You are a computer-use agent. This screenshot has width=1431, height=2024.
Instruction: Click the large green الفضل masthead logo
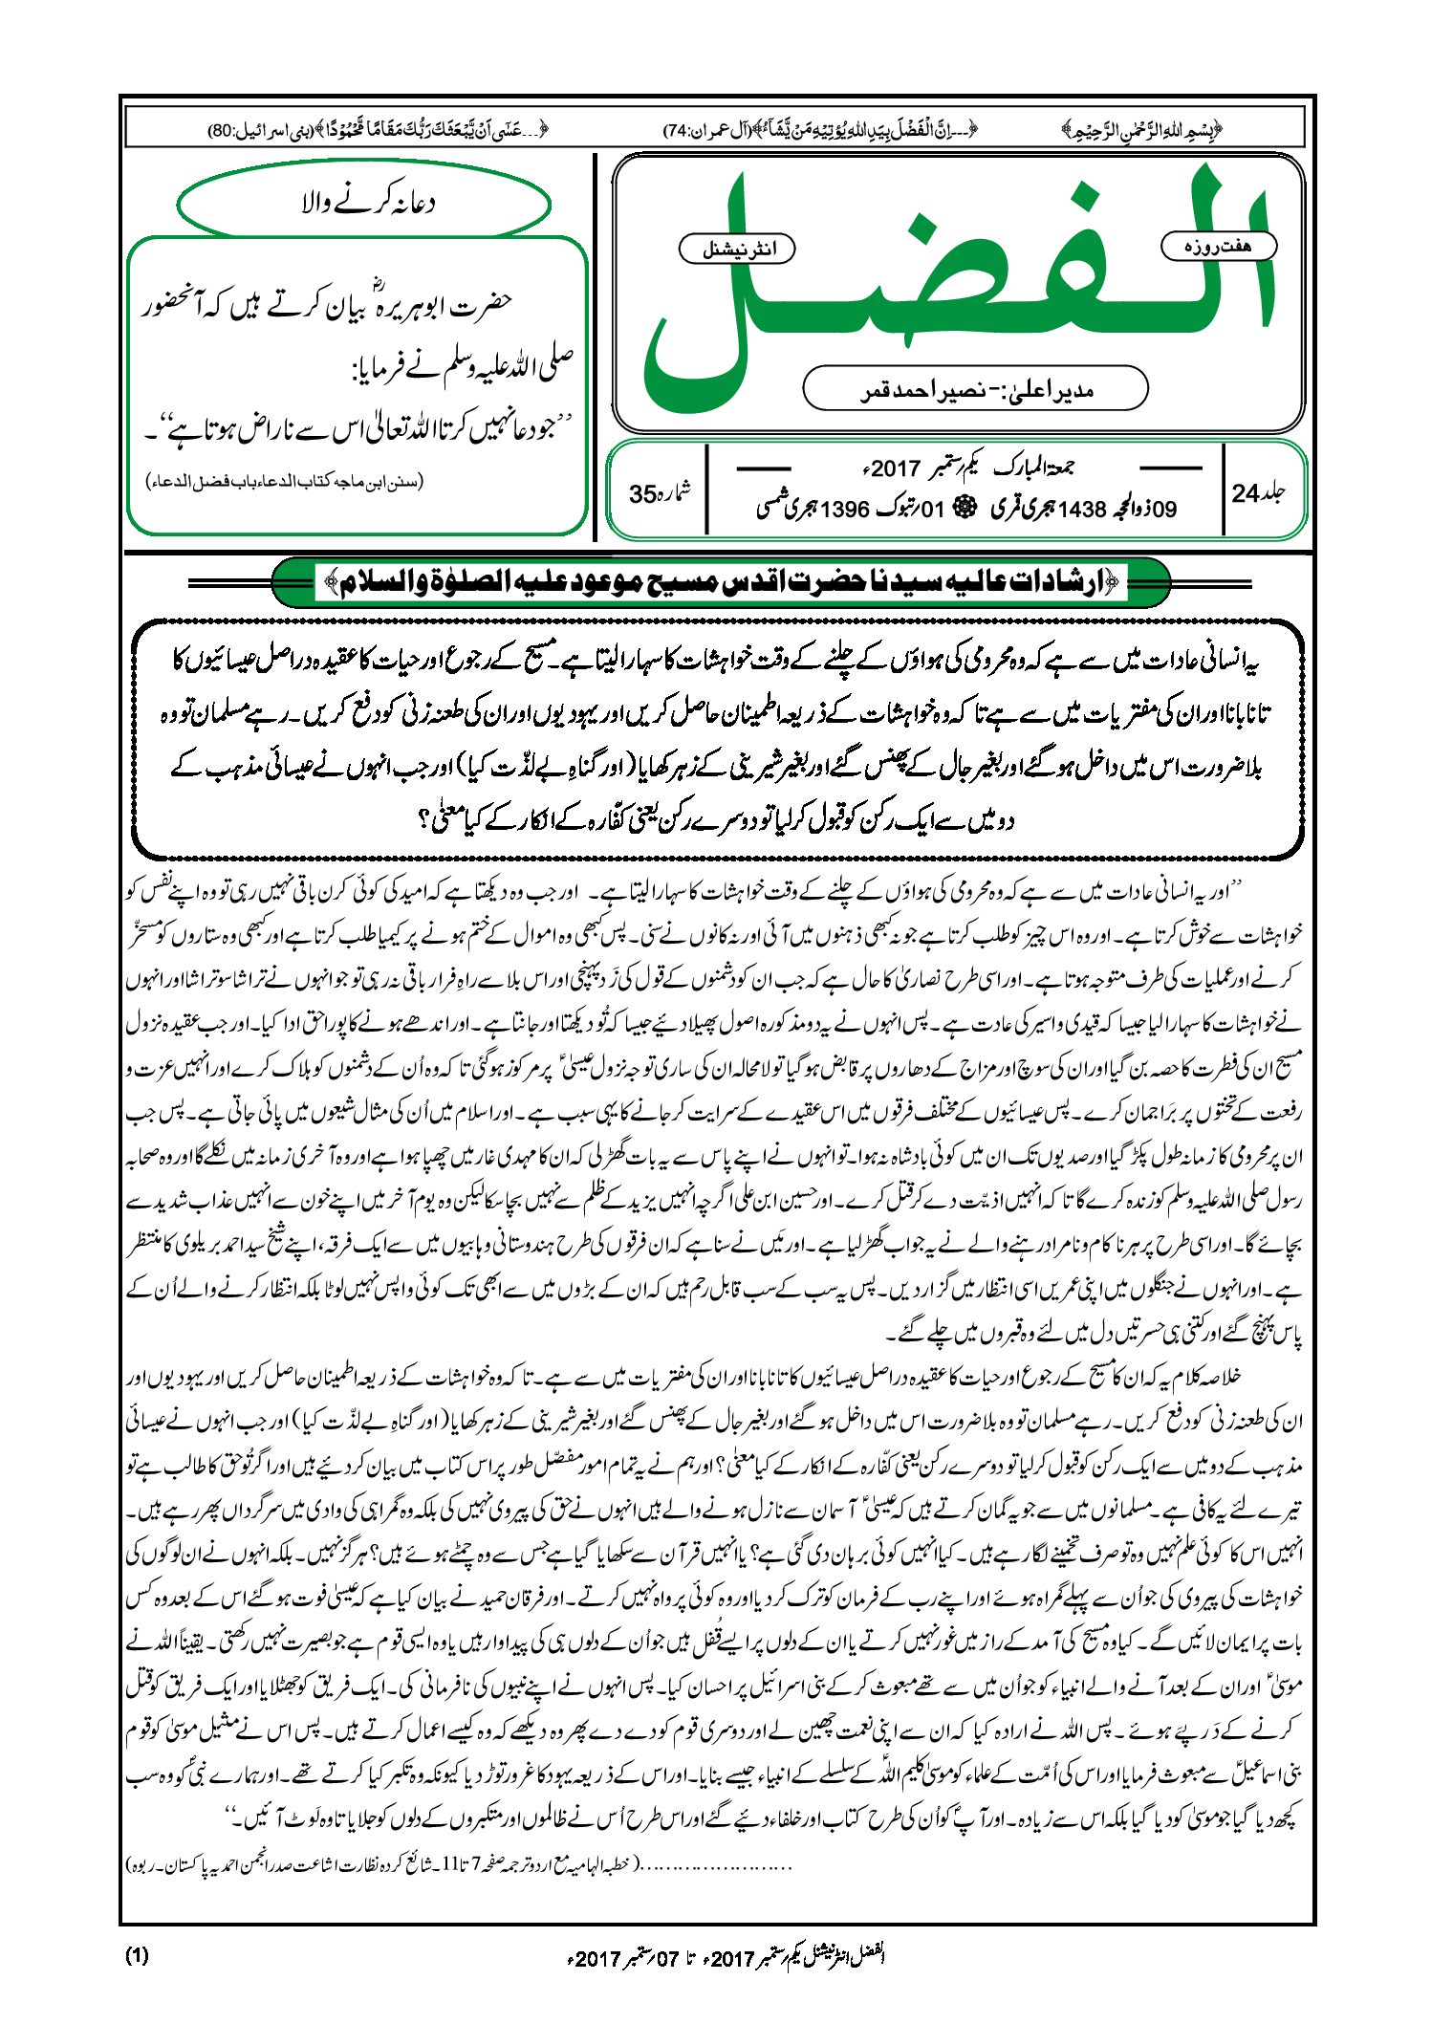[x=956, y=287]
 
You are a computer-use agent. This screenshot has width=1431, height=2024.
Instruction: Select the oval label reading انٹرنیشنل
[x=736, y=250]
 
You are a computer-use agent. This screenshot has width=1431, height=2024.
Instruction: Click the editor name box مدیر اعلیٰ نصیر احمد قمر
[x=975, y=389]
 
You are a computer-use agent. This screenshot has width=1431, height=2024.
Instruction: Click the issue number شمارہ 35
[x=660, y=493]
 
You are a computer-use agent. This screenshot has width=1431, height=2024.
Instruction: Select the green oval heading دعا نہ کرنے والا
[x=364, y=204]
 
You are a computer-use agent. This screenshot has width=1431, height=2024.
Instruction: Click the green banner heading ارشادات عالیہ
[x=722, y=581]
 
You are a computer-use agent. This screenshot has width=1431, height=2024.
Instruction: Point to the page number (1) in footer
[x=137, y=1955]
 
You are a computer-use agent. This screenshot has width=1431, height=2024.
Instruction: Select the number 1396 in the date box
[x=844, y=510]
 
